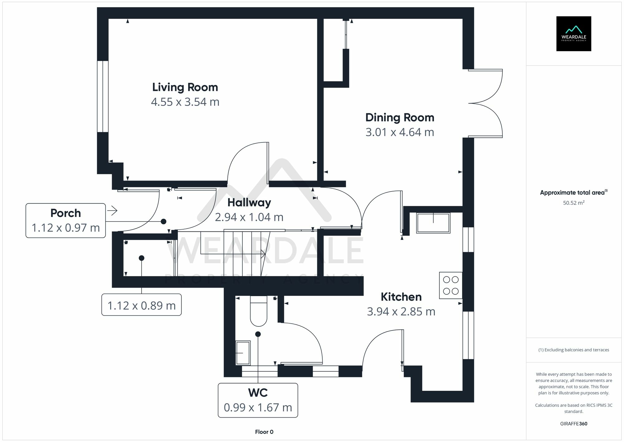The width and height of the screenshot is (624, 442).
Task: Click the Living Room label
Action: coord(185,87)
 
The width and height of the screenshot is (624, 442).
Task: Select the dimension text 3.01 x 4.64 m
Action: coord(400,132)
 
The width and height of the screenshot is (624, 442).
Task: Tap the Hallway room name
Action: coord(249,202)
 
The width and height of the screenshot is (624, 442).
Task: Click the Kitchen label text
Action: coord(401,297)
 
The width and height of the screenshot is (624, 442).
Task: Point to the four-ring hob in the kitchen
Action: coord(451,286)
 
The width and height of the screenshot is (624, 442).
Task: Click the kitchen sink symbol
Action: coord(433,223)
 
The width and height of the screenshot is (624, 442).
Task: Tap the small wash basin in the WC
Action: coord(243,353)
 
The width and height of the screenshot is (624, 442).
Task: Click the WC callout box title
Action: coord(258,393)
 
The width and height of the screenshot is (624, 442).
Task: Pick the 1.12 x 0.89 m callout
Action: coord(141,305)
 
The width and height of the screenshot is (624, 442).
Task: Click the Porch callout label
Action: coord(66,213)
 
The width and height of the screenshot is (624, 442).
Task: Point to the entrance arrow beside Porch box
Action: coord(112,211)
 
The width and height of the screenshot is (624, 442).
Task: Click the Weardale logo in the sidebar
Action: coord(573,34)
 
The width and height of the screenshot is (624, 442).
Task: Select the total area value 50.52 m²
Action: coord(573,203)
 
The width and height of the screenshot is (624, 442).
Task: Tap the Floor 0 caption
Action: coord(264,432)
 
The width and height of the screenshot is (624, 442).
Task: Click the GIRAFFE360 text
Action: coord(573,424)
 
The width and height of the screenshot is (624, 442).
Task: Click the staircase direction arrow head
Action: coord(264,254)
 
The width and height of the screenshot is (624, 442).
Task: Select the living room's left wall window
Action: coord(103,96)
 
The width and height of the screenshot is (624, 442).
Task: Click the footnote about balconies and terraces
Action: coord(573,350)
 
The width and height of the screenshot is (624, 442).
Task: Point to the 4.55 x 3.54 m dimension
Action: coord(185,102)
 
